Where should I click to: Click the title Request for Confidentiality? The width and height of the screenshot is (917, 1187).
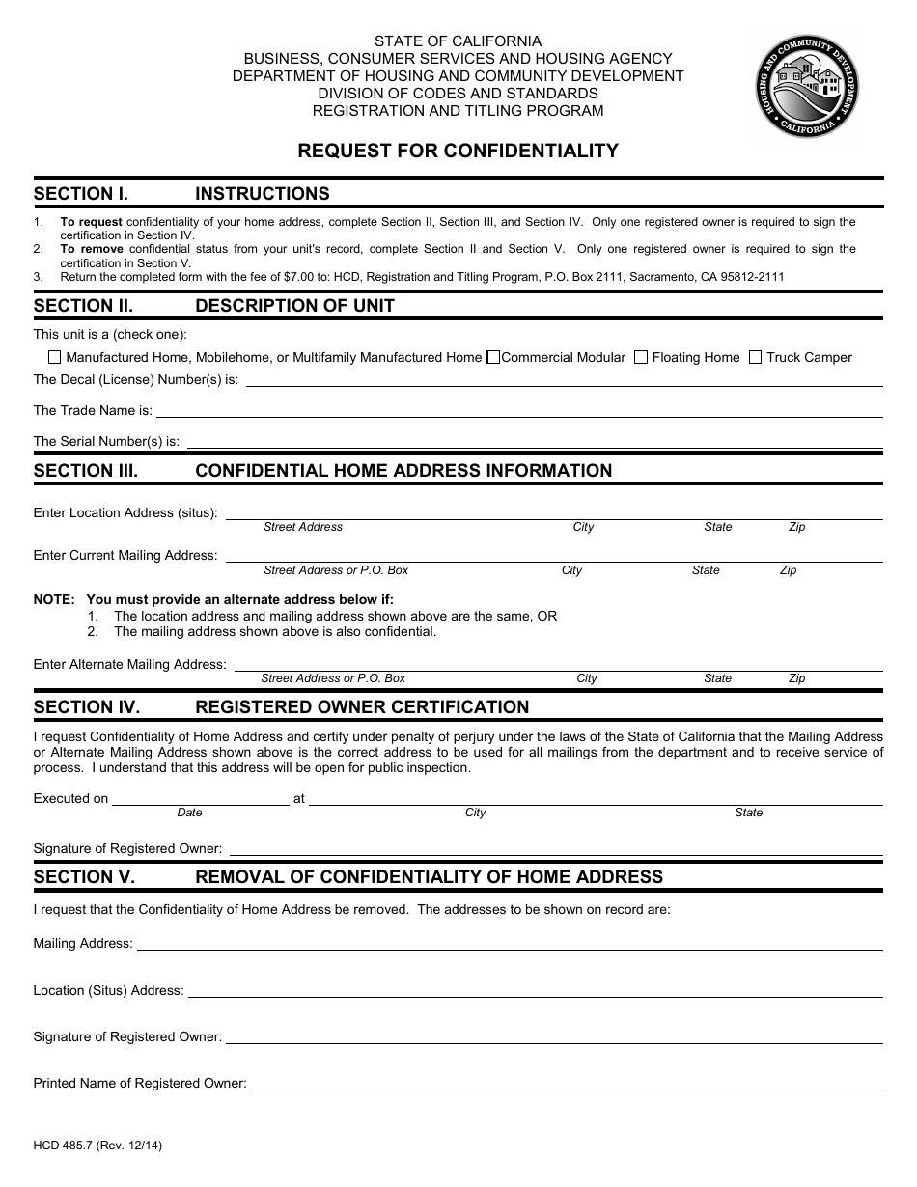tap(458, 152)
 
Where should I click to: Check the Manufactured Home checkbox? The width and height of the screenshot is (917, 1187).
tap(54, 357)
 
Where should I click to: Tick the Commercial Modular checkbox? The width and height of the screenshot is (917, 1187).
tap(493, 357)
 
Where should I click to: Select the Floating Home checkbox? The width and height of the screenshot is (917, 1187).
tap(641, 357)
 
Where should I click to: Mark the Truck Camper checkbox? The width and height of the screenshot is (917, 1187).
tap(756, 357)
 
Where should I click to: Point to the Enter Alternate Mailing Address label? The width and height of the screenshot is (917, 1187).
tap(129, 664)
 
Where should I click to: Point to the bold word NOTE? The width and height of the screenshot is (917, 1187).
tap(54, 599)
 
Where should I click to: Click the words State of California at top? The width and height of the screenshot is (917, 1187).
tap(458, 41)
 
